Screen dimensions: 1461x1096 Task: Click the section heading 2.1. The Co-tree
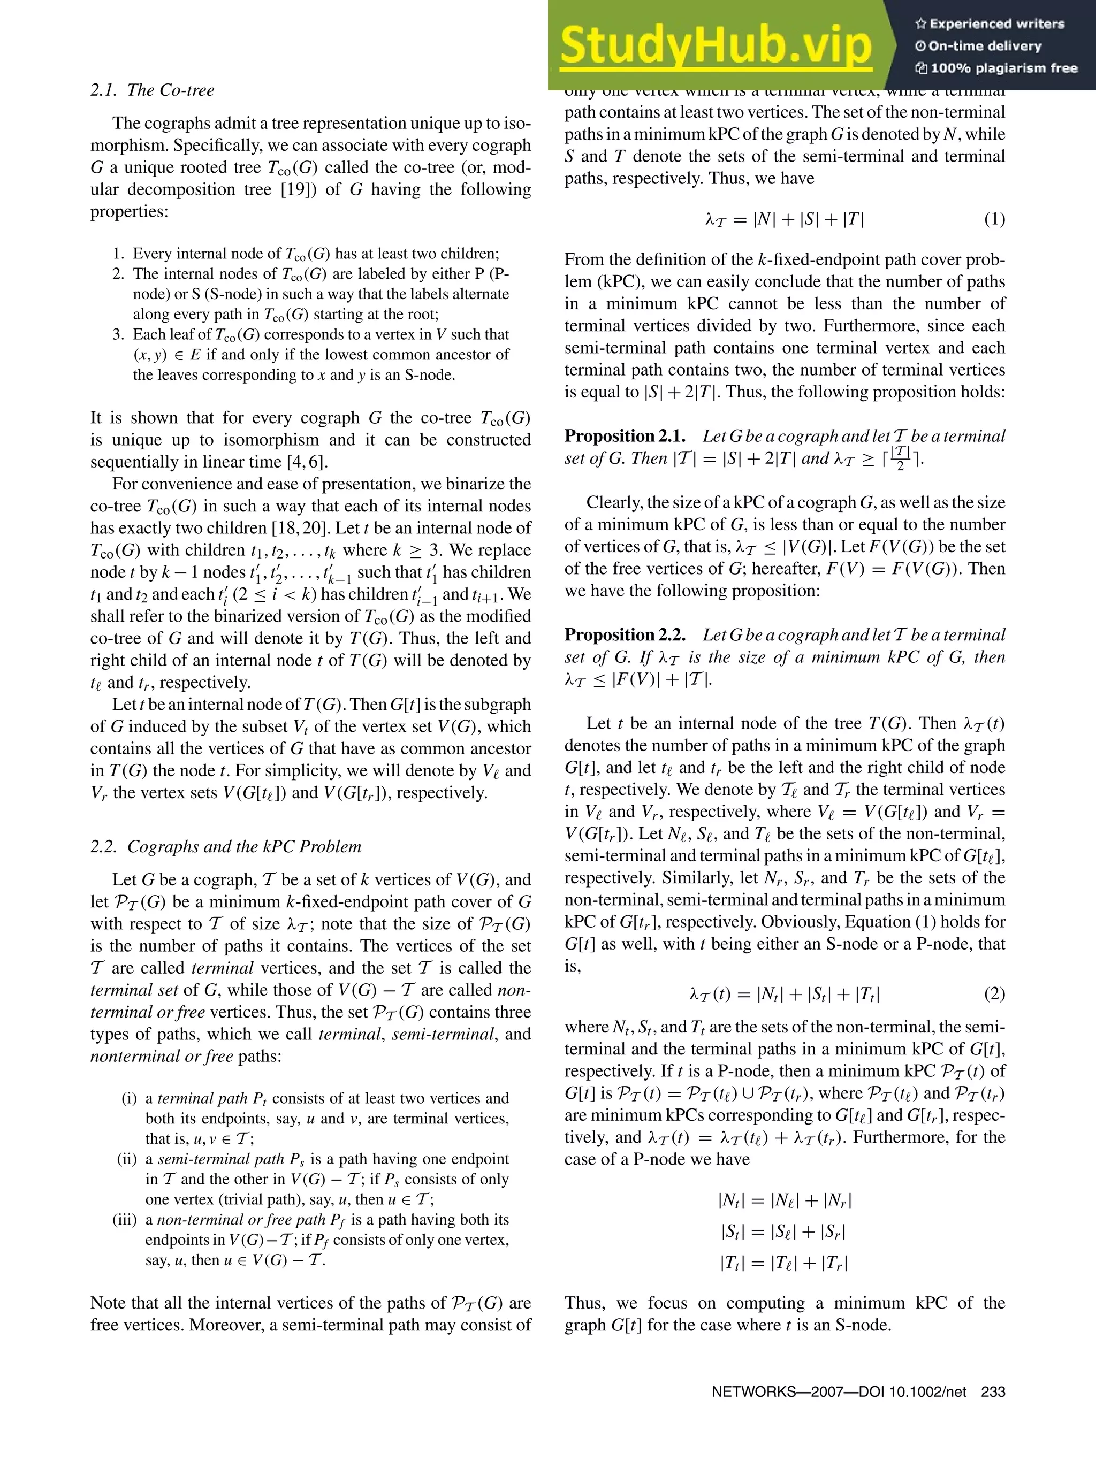(152, 90)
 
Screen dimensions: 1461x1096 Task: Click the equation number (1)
(994, 219)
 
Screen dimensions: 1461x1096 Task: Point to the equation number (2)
(994, 994)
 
